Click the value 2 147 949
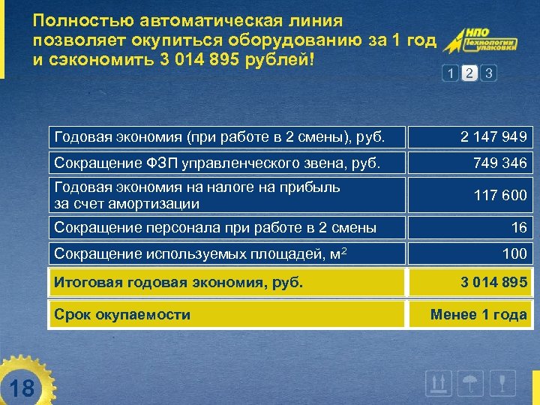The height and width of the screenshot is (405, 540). pos(493,137)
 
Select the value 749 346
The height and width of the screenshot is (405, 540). pos(499,162)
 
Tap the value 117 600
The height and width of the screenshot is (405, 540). pos(499,195)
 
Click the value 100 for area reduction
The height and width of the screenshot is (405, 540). pos(514,253)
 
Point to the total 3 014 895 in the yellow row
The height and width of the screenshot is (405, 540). pos(493,283)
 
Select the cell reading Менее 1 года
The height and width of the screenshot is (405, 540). pos(478,314)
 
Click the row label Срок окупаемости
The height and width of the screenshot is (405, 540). pos(122,314)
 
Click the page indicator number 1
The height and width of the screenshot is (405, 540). pos(449,73)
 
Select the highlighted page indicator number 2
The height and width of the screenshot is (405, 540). pos(469,73)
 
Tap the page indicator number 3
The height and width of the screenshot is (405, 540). pos(489,73)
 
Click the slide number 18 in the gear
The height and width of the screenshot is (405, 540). pos(23,388)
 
